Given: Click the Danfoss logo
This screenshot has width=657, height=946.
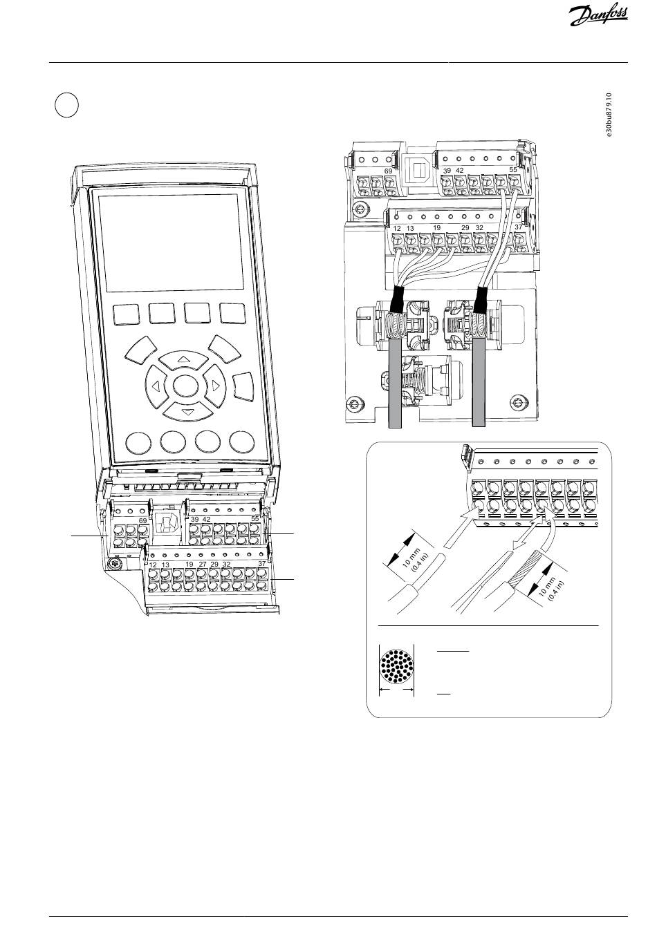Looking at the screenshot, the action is pos(598,17).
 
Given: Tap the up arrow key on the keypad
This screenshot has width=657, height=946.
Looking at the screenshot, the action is pos(183,359).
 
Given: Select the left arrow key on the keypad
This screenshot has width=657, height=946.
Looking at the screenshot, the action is pos(156,385).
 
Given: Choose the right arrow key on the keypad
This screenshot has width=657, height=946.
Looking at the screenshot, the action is pos(215,385).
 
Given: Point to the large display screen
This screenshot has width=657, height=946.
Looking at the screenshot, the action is pos(172,243).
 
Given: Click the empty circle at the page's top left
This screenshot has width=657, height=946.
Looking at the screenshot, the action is pos(66,105).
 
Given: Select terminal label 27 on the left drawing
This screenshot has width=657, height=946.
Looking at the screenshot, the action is pos(203,565).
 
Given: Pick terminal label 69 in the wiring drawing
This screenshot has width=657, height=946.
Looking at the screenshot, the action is pos(388,171).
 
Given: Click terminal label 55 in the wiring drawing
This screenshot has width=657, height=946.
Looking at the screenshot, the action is pos(513,169).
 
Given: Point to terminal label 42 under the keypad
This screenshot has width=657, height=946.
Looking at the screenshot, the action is pos(206,519).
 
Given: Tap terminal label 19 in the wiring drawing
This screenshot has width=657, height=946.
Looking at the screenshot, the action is pos(436,227).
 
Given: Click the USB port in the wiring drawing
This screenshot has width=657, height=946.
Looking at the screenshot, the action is pos(418,171).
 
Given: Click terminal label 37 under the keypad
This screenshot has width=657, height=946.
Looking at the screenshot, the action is pos(262,563).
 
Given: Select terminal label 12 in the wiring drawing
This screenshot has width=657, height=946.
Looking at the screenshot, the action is pos(396,229).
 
